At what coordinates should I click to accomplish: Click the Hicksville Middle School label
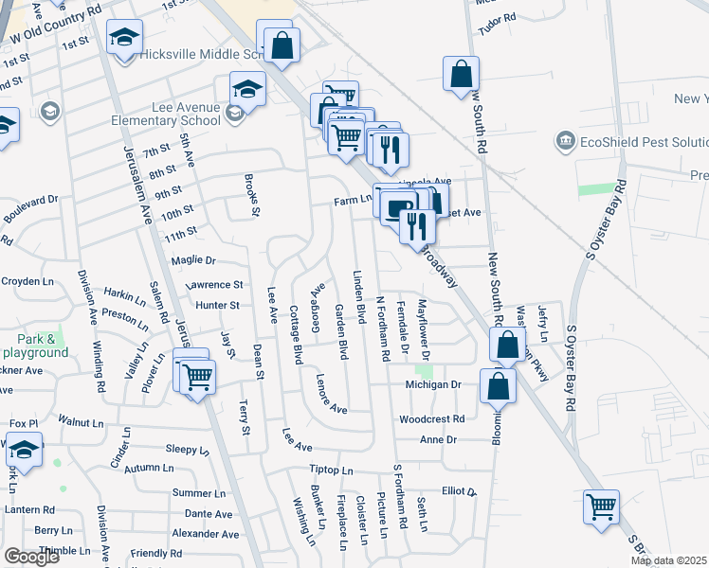pyautogui.click(x=195, y=54)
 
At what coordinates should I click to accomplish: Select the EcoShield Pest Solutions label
pyautogui.click(x=644, y=141)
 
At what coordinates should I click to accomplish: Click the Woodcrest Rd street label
pyautogui.click(x=431, y=418)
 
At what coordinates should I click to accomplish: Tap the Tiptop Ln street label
pyautogui.click(x=331, y=470)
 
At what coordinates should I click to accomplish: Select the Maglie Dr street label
pyautogui.click(x=193, y=259)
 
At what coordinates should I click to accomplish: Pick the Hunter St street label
pyautogui.click(x=217, y=305)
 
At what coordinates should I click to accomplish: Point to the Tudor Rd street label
pyautogui.click(x=497, y=18)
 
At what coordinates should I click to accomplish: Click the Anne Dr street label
pyautogui.click(x=438, y=440)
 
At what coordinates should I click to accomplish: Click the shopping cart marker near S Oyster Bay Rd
pyautogui.click(x=601, y=506)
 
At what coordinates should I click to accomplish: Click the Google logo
pyautogui.click(x=31, y=557)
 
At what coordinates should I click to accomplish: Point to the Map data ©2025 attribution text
pyautogui.click(x=667, y=560)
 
